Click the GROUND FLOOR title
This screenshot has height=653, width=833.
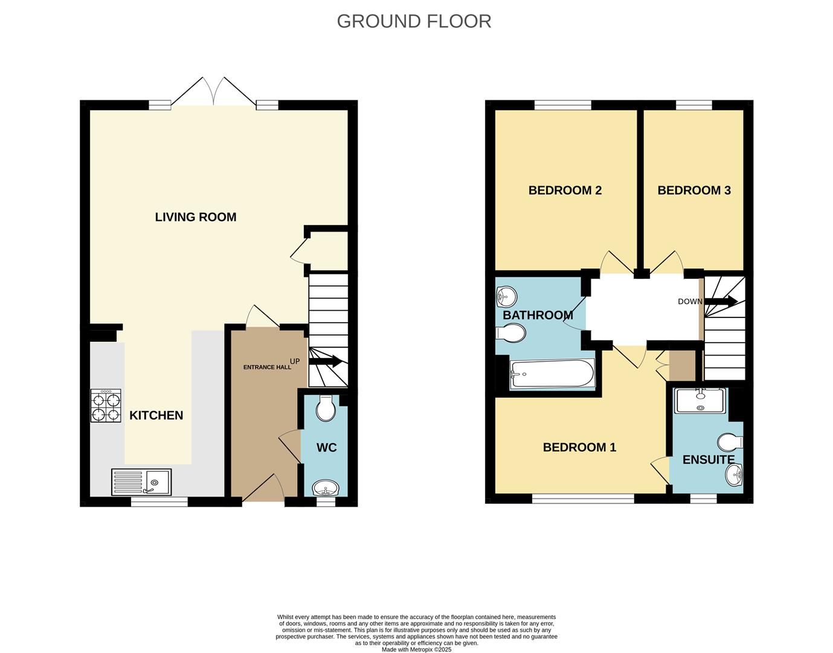(414, 22)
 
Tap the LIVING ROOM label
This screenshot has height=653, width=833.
(196, 217)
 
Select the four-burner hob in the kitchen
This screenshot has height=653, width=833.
(106, 406)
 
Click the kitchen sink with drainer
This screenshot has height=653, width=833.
(141, 482)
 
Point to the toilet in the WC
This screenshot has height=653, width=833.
(326, 408)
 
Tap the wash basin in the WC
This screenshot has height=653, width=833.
(326, 489)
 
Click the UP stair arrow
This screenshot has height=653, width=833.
(326, 360)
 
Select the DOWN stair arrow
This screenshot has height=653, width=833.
(721, 301)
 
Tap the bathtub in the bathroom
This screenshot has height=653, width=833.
(552, 374)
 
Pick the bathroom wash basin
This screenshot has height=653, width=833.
(506, 297)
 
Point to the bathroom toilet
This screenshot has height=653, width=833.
(510, 333)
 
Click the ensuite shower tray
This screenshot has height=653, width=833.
(700, 401)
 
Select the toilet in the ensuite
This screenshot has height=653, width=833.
(730, 443)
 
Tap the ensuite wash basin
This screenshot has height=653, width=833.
(734, 475)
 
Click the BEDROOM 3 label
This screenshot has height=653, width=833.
(694, 190)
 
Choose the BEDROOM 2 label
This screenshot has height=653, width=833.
(565, 190)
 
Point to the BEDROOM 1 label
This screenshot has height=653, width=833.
(580, 447)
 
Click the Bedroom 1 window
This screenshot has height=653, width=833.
(583, 498)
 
